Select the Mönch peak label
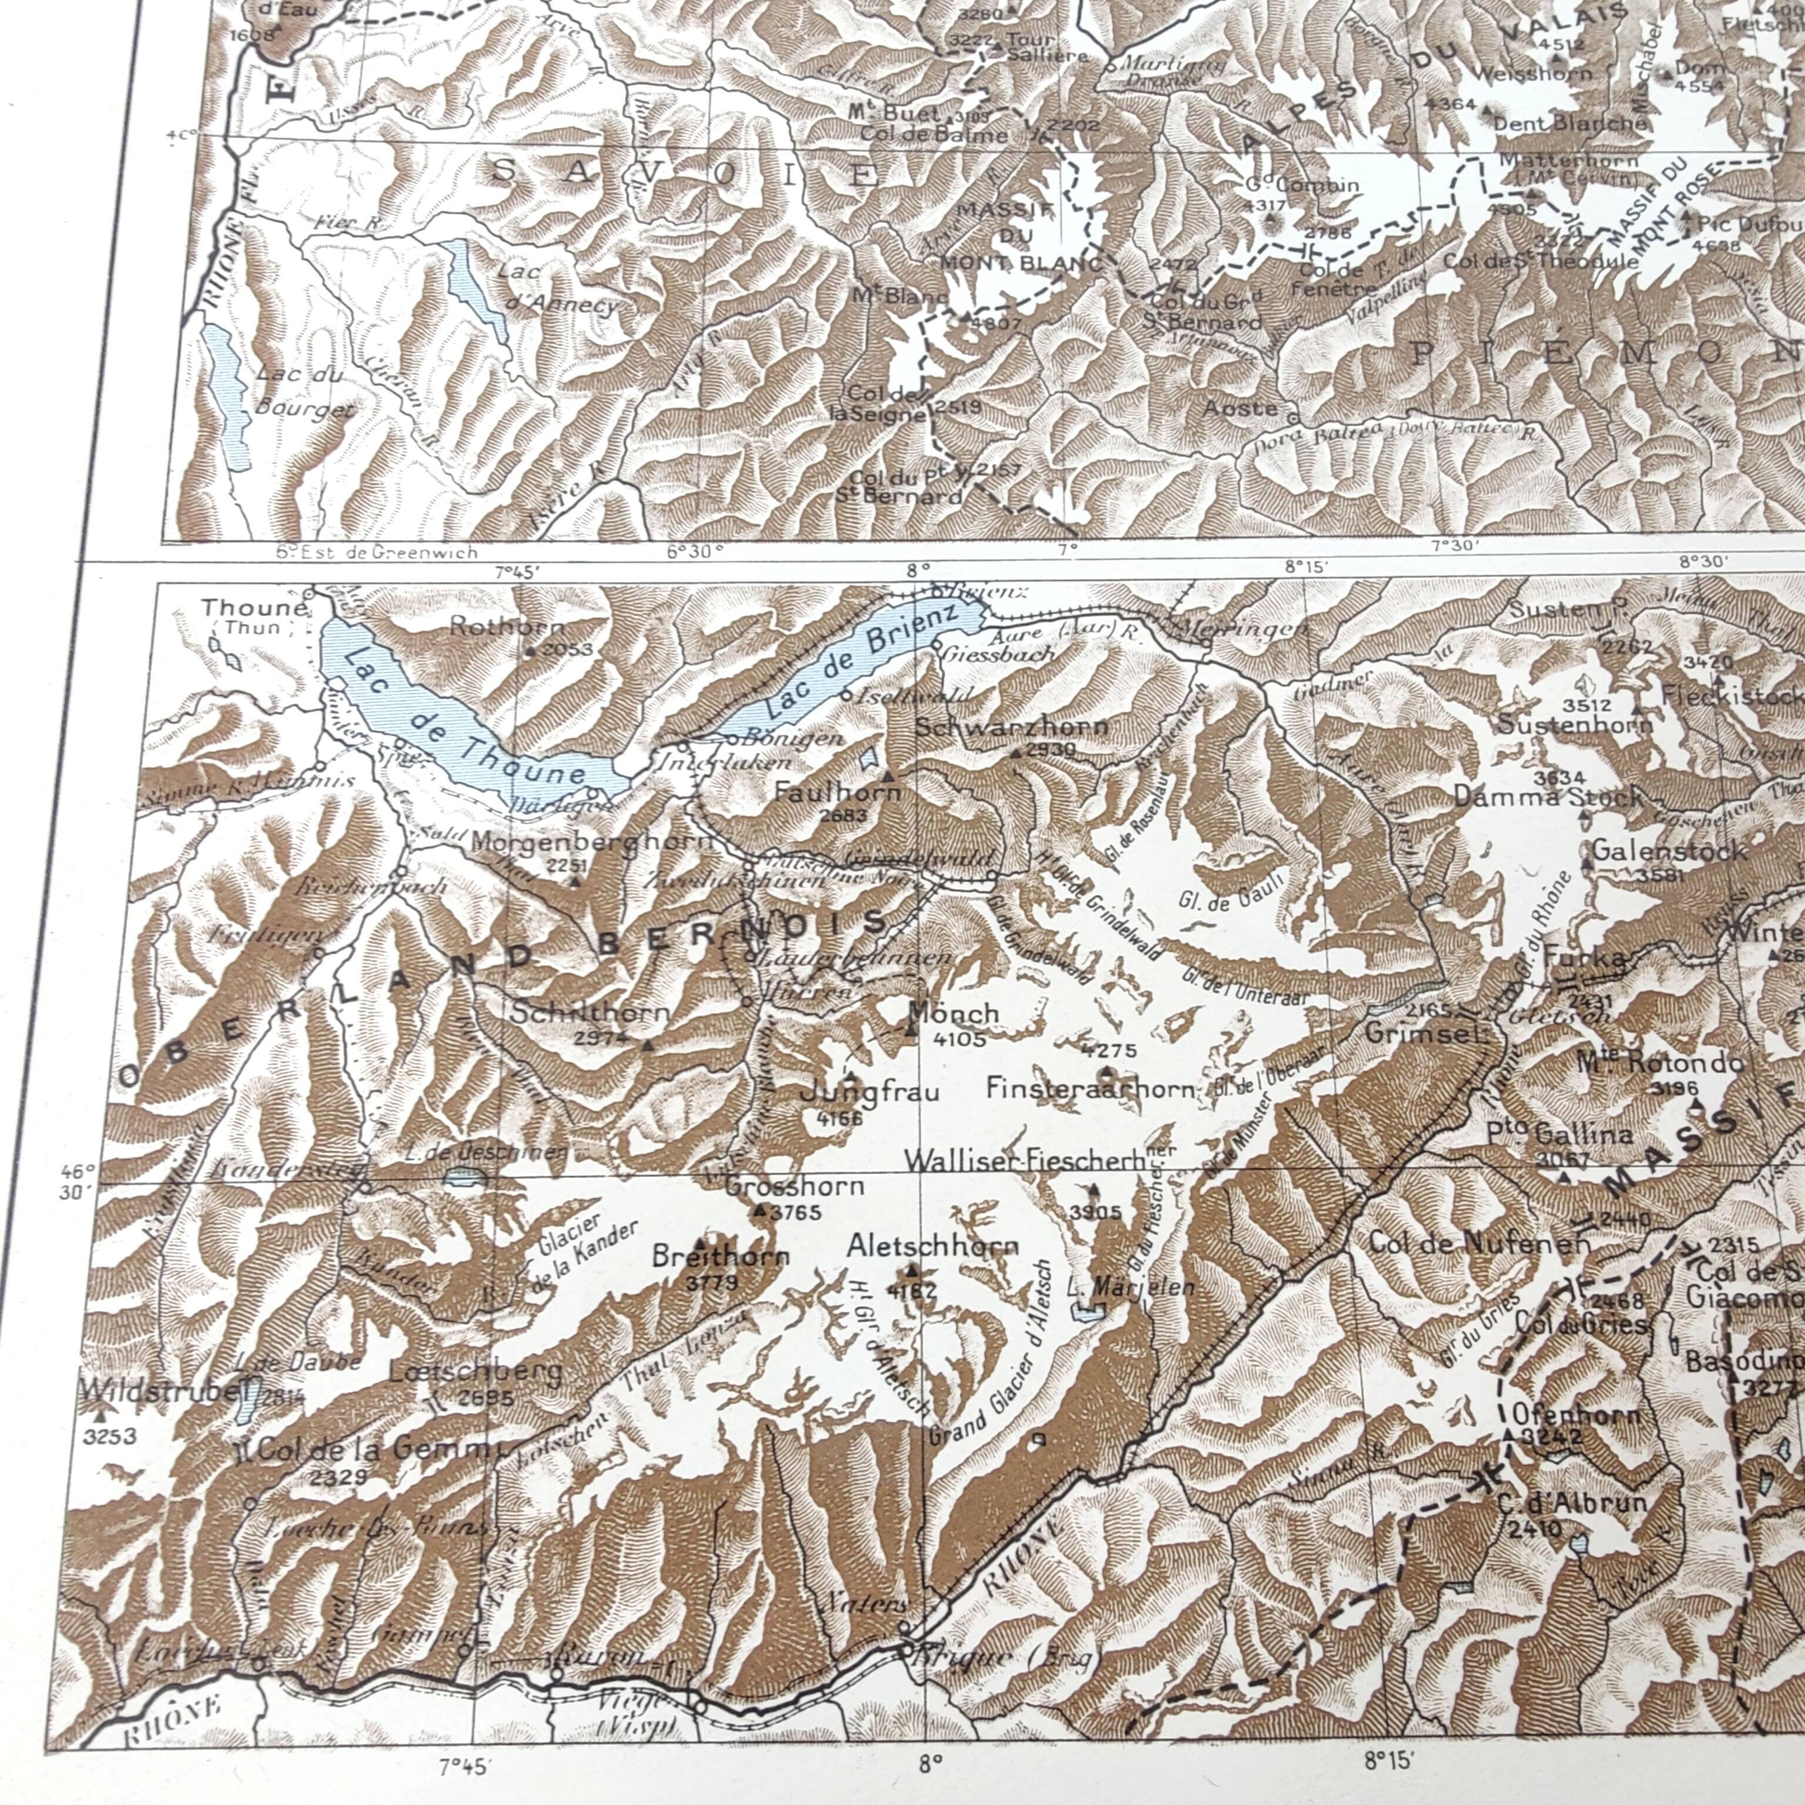(x=954, y=1012)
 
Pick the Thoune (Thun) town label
(x=253, y=616)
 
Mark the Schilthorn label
(x=591, y=1012)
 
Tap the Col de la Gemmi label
(x=378, y=1449)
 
